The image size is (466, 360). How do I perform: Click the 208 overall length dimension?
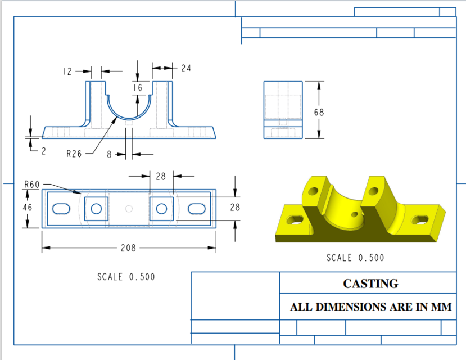[x=129, y=247]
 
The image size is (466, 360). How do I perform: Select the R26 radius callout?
[x=74, y=153]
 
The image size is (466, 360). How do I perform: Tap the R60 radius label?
[x=31, y=184]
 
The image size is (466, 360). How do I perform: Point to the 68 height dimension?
[x=319, y=112]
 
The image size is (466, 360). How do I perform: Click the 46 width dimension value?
[x=27, y=207]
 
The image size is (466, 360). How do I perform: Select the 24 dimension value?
[x=186, y=68]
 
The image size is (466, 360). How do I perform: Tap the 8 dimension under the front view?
[x=109, y=154]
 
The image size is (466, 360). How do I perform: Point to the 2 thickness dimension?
[x=44, y=151]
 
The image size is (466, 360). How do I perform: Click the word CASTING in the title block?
[x=370, y=283]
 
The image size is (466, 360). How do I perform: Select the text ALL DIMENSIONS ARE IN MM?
[x=370, y=308]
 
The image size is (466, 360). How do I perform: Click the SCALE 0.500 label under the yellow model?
[x=355, y=258]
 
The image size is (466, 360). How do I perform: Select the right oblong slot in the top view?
[x=197, y=209]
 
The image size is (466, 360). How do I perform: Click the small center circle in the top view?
[x=129, y=209]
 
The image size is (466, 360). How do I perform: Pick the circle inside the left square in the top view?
[x=96, y=209]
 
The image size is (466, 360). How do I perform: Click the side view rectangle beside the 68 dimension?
[x=283, y=110]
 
